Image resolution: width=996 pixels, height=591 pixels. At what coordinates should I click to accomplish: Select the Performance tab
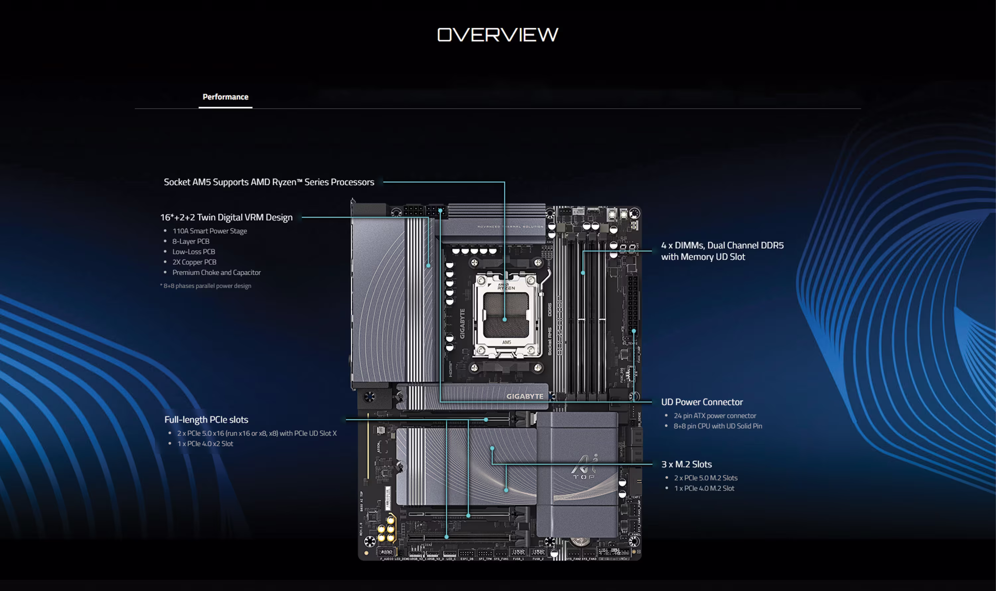(x=225, y=97)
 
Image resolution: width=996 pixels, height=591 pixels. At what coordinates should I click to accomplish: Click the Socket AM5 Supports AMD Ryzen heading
(x=269, y=182)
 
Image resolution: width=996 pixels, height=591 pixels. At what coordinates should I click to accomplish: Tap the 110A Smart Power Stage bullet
(x=209, y=231)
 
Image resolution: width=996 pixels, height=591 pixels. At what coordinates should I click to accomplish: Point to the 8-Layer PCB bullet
(x=191, y=241)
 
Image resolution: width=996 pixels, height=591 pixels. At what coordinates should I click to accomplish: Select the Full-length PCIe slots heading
(x=206, y=419)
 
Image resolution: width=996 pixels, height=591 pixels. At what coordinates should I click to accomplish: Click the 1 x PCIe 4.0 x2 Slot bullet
(x=205, y=444)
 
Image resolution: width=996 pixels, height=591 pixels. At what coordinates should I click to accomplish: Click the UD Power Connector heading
(x=702, y=402)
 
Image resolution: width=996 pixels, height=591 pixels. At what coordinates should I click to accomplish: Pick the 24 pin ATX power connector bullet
(x=714, y=415)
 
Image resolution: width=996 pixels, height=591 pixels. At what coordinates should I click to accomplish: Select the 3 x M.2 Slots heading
(x=686, y=464)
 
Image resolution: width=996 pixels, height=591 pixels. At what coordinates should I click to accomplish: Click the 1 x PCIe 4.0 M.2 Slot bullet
(x=704, y=488)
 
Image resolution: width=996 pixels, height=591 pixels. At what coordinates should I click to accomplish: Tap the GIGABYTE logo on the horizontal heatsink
(x=525, y=396)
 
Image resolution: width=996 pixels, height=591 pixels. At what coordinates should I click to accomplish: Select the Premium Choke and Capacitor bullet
(x=216, y=272)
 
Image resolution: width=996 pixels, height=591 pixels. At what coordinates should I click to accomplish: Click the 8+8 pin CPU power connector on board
(x=425, y=210)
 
